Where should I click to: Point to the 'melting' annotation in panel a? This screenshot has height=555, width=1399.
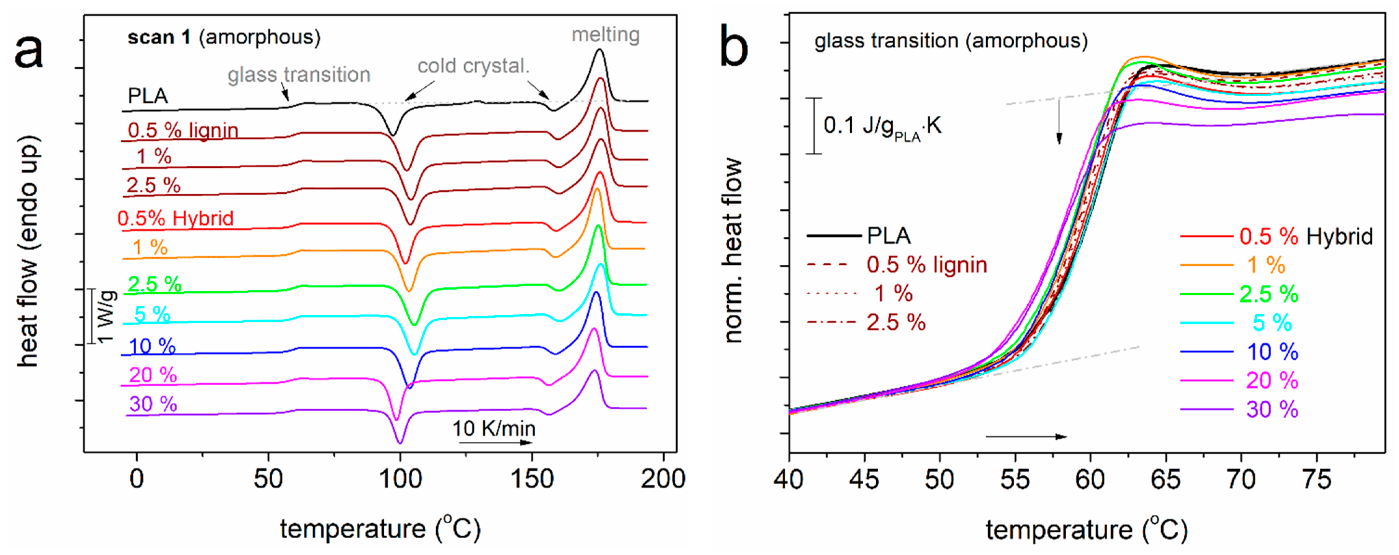pos(605,35)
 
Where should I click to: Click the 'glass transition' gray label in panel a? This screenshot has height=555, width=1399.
pos(299,74)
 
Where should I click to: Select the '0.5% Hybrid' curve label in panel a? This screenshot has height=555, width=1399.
pos(175,218)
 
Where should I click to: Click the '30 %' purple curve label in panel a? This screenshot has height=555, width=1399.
pos(153,404)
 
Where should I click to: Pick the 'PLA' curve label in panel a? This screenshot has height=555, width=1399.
pos(148,96)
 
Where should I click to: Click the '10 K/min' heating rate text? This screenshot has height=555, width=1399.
pos(494,429)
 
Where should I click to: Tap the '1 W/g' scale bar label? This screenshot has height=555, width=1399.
pos(107,317)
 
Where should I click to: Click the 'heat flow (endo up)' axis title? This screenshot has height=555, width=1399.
pos(28,251)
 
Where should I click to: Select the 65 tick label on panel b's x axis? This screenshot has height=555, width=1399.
pos(1165,480)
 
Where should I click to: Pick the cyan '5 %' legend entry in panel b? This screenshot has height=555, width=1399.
pos(1271,323)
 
